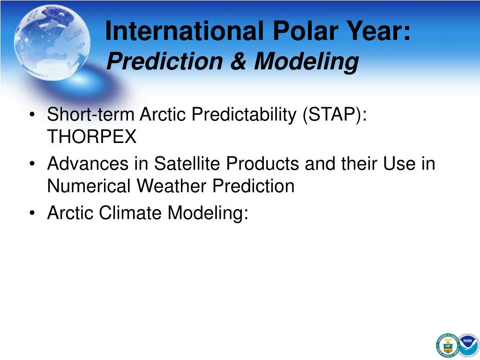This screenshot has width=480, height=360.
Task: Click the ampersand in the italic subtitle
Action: [x=239, y=61]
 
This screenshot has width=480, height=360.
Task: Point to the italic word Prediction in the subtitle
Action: [x=165, y=61]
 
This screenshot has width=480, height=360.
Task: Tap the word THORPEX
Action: [x=92, y=136]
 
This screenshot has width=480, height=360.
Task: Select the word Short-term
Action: [x=91, y=114]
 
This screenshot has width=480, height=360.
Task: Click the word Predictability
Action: [x=244, y=115]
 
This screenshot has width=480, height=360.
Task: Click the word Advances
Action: [x=88, y=163]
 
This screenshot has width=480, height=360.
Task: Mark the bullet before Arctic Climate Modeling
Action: [x=32, y=213]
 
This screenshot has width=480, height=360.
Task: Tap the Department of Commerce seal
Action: [x=448, y=345]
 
